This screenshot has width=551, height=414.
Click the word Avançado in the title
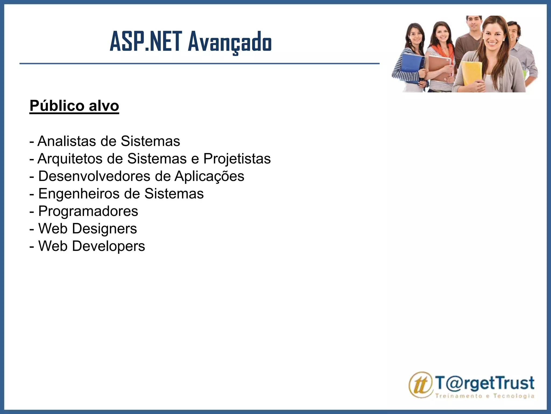point(230,42)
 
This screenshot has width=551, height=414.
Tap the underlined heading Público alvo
point(74,106)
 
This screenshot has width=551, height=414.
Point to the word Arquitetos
point(70,158)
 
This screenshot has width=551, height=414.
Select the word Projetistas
point(237,158)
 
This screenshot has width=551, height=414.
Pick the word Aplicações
point(209,177)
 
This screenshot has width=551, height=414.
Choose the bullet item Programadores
point(88,211)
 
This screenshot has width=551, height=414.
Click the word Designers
point(104,229)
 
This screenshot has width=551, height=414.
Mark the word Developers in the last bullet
point(108,246)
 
